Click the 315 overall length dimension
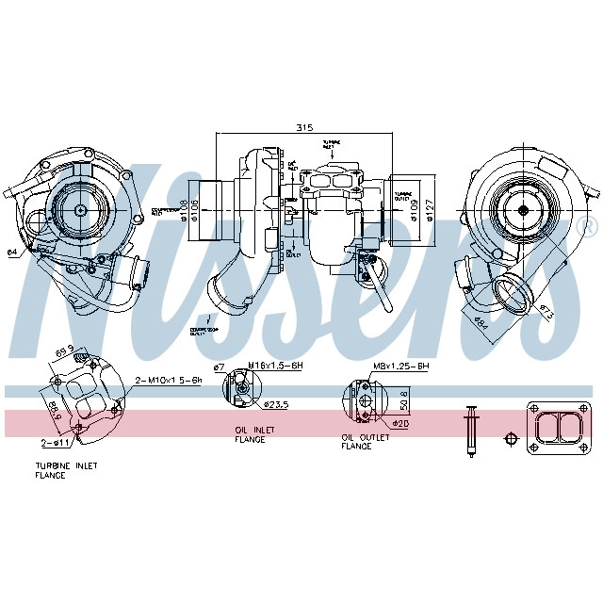[x=303, y=127]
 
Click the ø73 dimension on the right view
[x=546, y=311]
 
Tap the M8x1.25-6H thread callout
[x=401, y=366]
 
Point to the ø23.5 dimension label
[x=276, y=405]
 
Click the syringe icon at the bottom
[x=470, y=431]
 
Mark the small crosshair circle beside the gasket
[x=511, y=439]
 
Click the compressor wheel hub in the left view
[x=79, y=210]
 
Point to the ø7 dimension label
[x=219, y=367]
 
